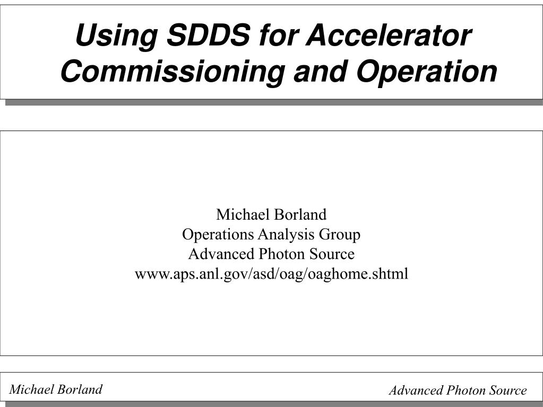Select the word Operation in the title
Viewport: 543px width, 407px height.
(x=427, y=73)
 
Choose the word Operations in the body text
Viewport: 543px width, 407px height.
(x=218, y=235)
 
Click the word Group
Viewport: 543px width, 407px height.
(x=340, y=235)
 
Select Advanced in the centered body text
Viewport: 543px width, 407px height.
(x=221, y=254)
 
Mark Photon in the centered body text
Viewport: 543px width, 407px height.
(x=282, y=254)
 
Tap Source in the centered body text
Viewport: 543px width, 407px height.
(x=332, y=254)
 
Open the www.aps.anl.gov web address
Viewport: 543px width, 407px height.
(x=272, y=274)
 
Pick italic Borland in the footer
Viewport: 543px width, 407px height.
(x=80, y=389)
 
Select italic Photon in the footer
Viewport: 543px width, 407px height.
(x=466, y=391)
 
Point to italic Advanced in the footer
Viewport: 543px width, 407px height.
(x=417, y=391)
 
